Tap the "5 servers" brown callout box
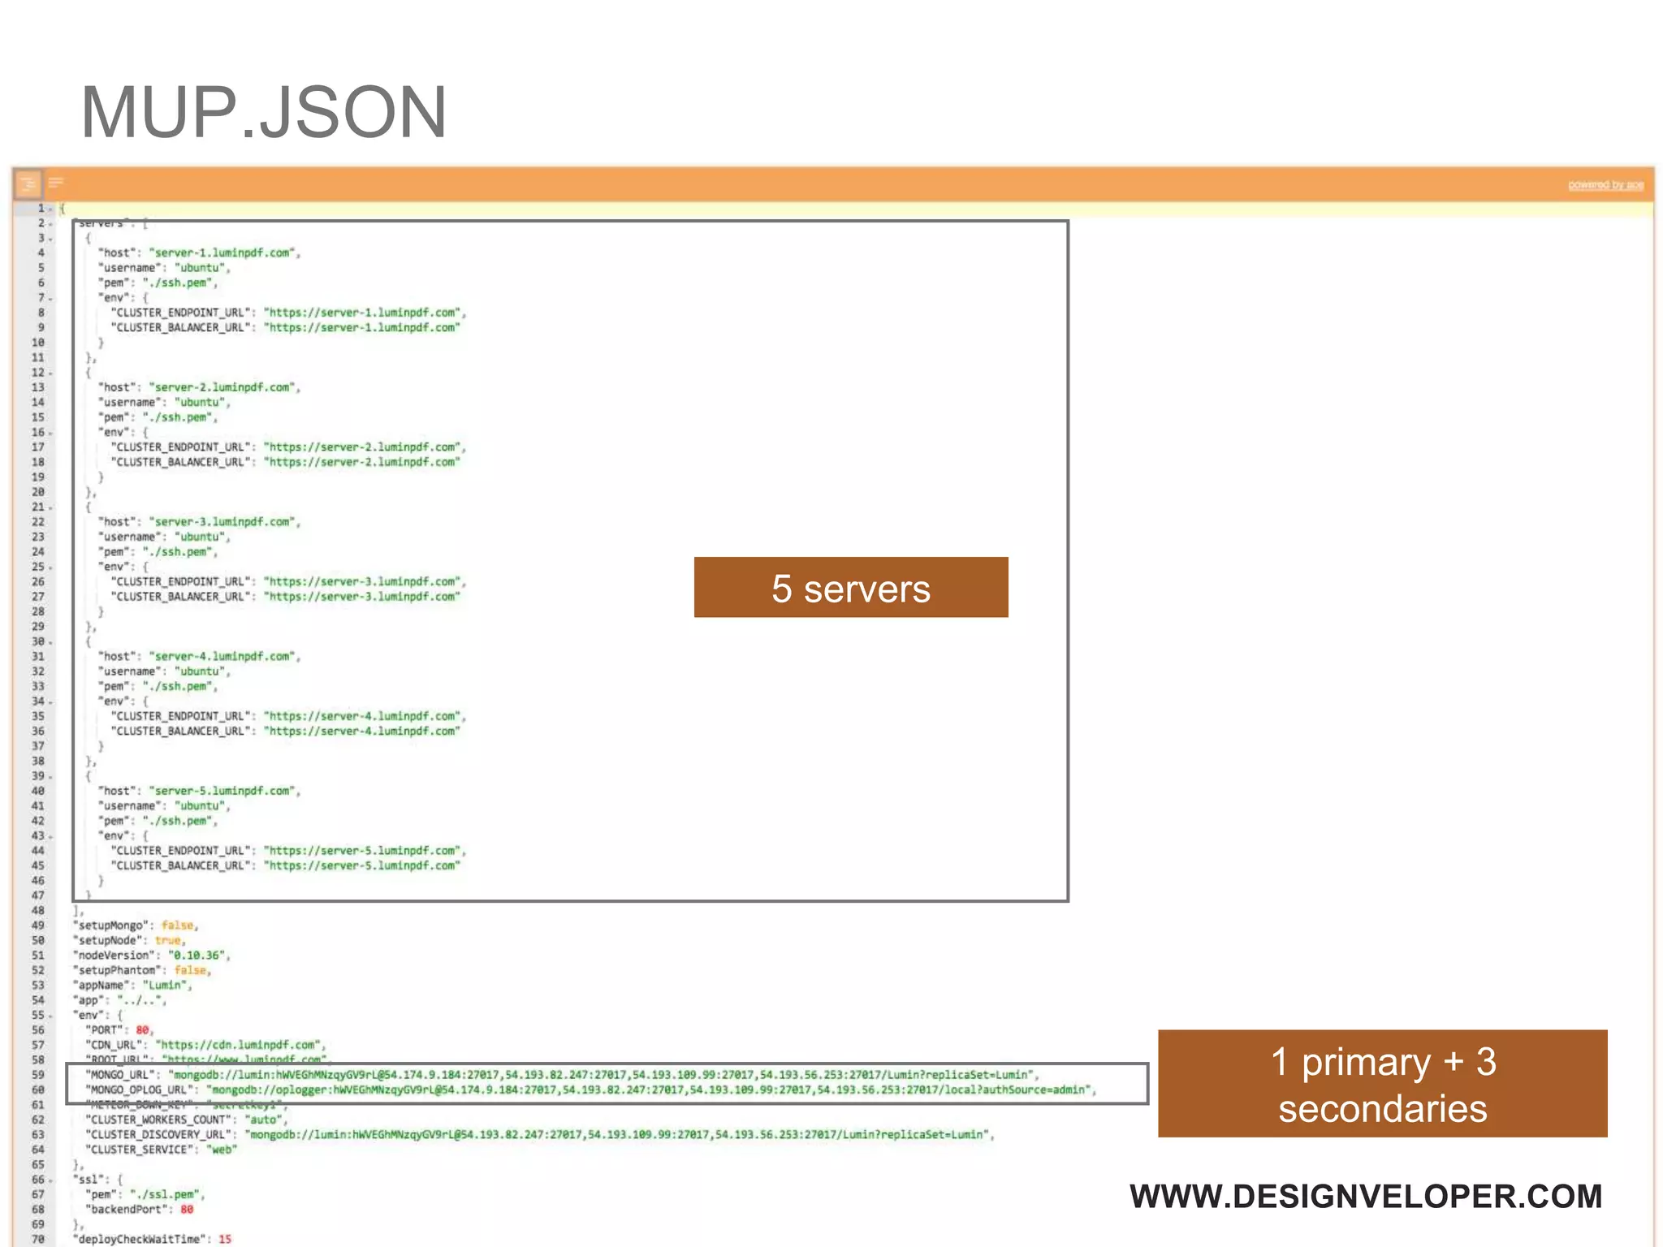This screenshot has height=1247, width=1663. coord(850,588)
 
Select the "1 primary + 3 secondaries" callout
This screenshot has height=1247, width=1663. coord(1382,1084)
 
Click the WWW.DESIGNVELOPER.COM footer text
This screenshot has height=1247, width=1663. coord(1366,1196)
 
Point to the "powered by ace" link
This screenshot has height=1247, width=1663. coord(1605,185)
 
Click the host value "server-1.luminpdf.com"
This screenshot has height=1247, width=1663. coord(223,253)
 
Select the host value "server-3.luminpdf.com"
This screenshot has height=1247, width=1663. coord(223,522)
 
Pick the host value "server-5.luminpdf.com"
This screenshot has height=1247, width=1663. coord(223,791)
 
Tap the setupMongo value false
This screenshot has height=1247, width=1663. coord(177,926)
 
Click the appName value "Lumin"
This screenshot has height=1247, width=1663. coord(165,986)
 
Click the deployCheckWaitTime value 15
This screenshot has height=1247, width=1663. coord(225,1240)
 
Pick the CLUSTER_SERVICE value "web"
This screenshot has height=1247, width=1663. coord(221,1150)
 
